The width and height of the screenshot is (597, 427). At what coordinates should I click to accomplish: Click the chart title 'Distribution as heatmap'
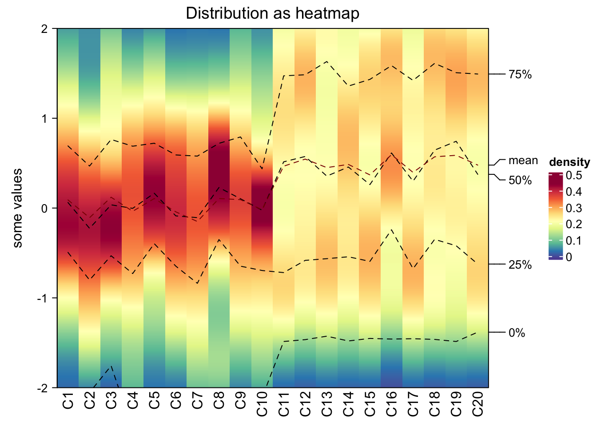[272, 13]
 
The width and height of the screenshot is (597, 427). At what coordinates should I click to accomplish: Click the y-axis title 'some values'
[17, 208]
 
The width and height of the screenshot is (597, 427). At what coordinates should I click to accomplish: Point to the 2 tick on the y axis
[44, 29]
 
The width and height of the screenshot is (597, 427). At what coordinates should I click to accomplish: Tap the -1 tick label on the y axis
[42, 298]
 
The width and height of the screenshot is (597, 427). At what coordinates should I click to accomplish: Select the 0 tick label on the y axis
[44, 208]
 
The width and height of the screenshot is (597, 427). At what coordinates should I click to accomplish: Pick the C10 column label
[262, 403]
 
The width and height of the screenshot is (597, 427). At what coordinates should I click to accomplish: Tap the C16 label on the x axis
[391, 403]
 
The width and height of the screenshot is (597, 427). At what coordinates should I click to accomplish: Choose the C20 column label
[478, 403]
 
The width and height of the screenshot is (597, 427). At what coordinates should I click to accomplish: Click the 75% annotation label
[520, 75]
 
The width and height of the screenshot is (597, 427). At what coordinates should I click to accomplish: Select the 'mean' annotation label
[523, 161]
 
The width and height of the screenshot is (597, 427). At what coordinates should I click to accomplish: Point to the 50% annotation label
[520, 181]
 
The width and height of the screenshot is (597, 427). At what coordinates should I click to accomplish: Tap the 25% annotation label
[520, 265]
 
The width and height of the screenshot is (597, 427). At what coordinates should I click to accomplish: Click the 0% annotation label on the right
[517, 333]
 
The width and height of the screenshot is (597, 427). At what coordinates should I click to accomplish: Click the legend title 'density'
[569, 162]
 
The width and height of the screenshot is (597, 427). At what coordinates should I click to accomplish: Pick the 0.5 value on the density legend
[574, 176]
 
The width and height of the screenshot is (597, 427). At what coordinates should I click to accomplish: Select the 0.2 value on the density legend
[574, 224]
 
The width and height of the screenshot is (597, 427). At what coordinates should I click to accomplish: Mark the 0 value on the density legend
[569, 257]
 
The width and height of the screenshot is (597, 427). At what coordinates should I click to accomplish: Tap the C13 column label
[326, 403]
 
